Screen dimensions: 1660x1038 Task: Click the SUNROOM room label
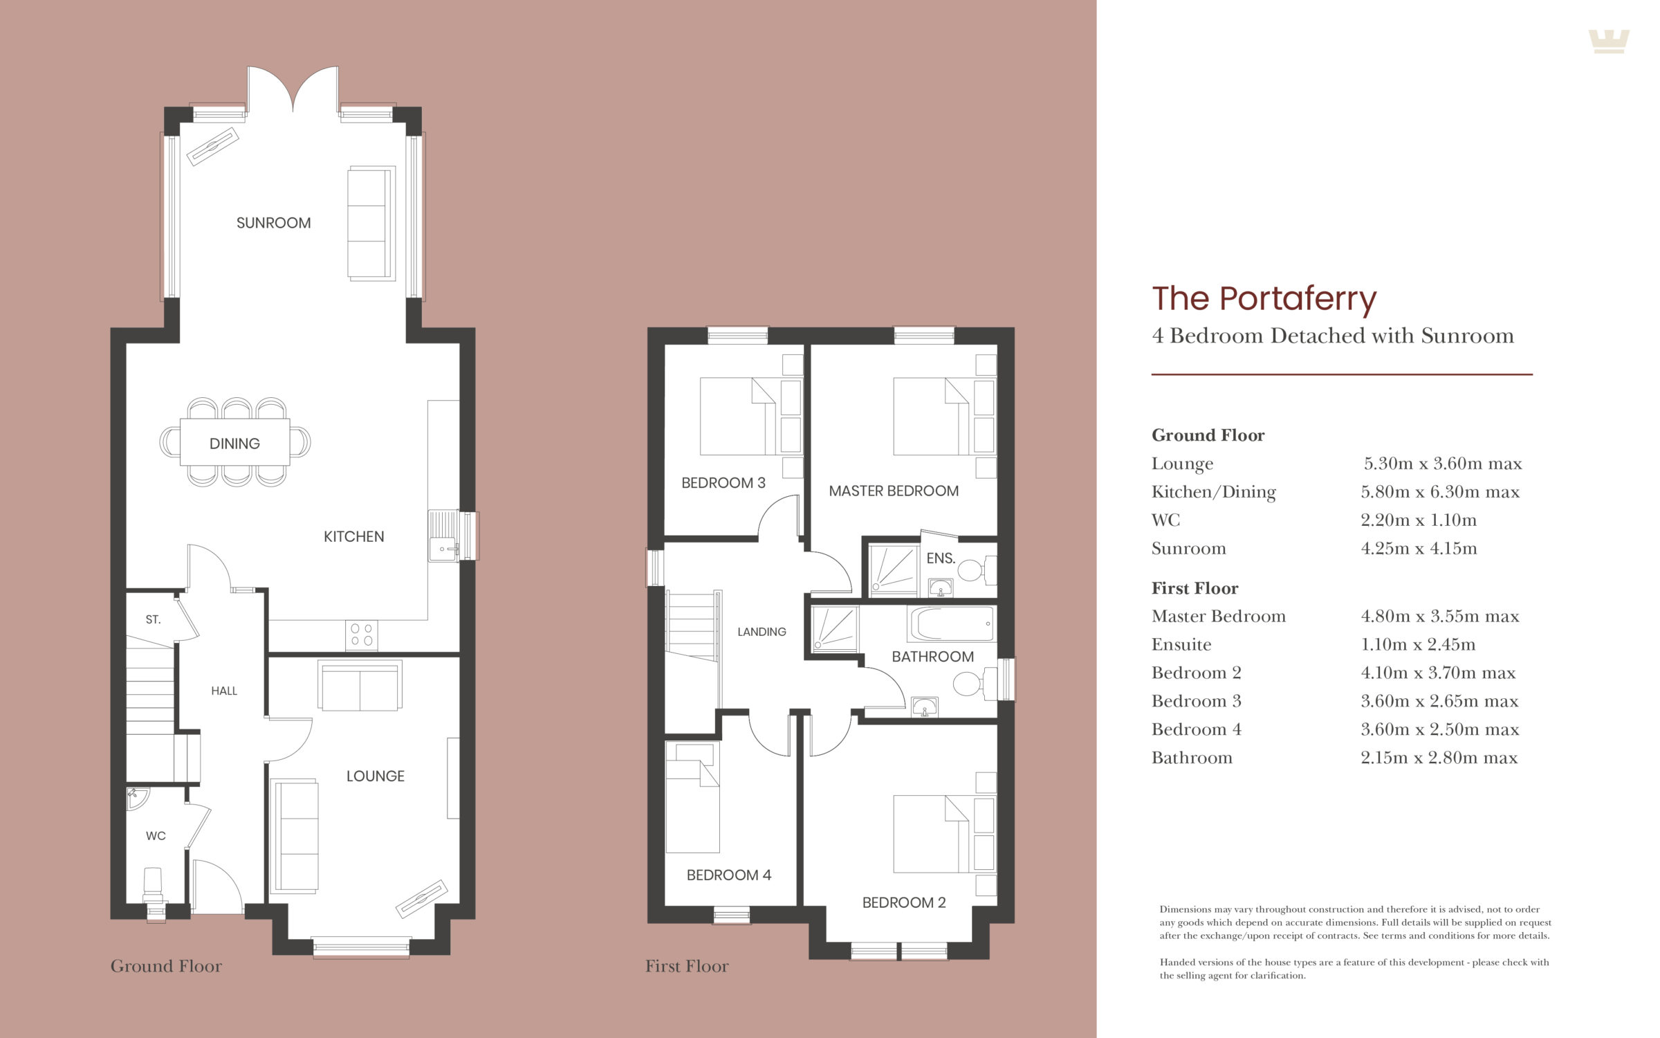[273, 223]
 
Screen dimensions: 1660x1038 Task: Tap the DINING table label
[234, 444]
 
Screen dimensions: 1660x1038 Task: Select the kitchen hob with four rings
[362, 635]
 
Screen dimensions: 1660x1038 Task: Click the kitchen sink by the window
[443, 536]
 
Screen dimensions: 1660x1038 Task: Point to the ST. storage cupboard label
[153, 619]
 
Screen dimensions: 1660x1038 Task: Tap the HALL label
[224, 691]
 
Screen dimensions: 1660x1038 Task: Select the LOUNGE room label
[376, 776]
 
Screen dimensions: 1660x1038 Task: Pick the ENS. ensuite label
[941, 558]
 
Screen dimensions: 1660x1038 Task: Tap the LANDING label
[762, 632]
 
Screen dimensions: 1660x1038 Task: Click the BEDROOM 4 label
[729, 875]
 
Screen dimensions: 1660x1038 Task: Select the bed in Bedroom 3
[737, 416]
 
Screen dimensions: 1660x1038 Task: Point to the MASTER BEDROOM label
[894, 491]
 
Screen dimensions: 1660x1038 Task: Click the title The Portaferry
[1264, 299]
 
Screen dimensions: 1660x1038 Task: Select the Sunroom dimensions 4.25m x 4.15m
[1419, 549]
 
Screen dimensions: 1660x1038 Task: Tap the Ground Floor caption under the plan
[166, 966]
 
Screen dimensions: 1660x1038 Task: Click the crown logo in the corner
[1609, 42]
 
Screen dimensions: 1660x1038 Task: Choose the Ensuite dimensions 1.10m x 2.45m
[1418, 645]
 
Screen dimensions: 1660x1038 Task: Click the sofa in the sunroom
[371, 224]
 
